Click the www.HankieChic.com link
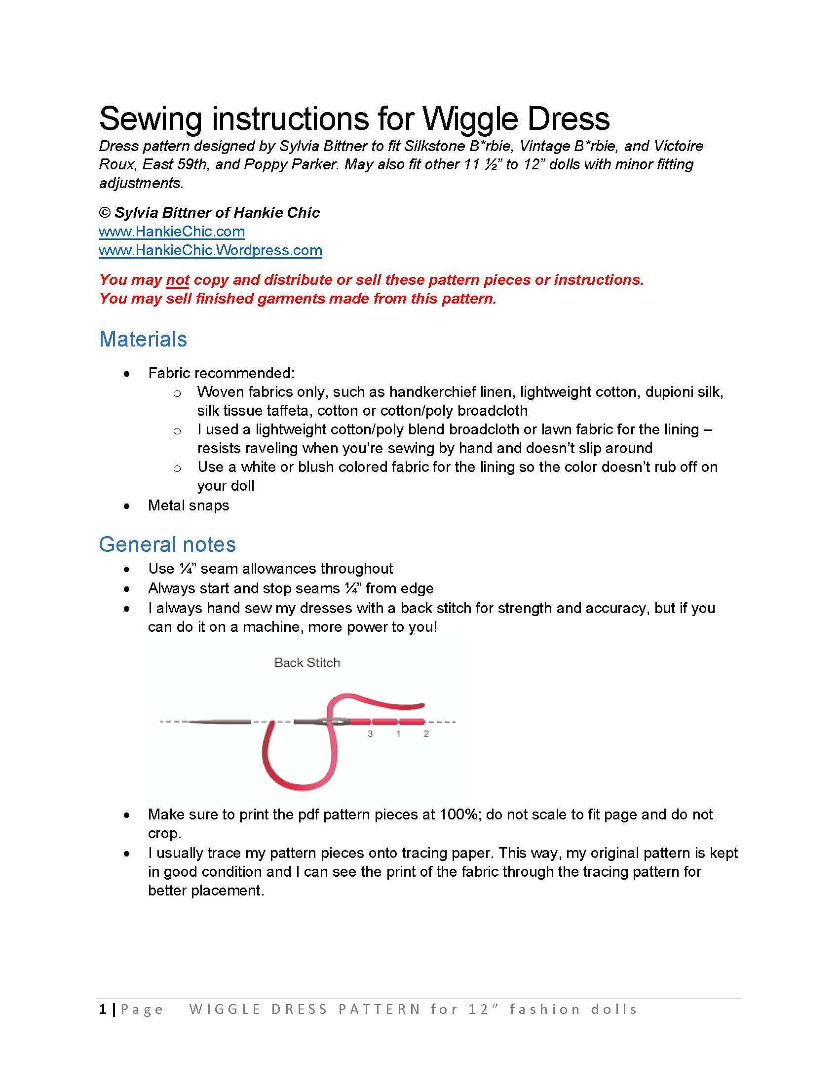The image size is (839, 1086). tap(171, 231)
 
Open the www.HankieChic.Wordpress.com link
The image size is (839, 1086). tap(210, 250)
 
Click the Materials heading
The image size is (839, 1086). tap(143, 339)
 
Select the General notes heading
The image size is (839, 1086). tap(167, 544)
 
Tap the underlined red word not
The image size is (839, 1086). tap(178, 280)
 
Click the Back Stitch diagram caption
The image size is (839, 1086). tap(307, 662)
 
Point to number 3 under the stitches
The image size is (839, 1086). tap(370, 734)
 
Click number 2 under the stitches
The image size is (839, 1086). tap(426, 734)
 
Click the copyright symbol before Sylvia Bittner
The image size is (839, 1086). tap(105, 213)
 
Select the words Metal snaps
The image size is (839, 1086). tap(189, 505)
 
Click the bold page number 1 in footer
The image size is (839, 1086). tap(103, 1009)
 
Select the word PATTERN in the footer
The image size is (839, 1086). tap(380, 1009)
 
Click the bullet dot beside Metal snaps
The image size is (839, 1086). tap(127, 506)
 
